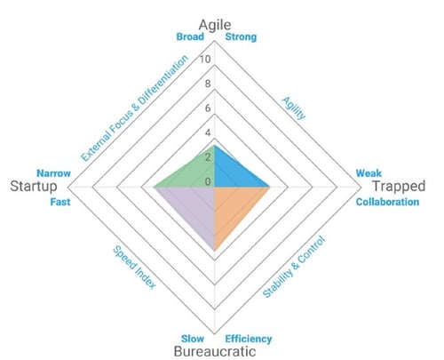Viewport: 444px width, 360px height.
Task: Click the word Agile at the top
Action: pos(215,25)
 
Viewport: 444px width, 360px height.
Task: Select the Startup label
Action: pos(34,187)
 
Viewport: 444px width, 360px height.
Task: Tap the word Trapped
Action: pos(399,186)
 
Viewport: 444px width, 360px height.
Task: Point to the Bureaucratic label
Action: pos(215,351)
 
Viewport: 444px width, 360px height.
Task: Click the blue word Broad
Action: pos(190,36)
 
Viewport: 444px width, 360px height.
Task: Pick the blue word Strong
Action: pos(241,37)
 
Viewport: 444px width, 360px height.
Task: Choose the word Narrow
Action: pos(53,173)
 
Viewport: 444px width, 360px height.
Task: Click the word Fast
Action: pos(60,202)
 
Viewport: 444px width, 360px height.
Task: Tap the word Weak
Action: pos(369,173)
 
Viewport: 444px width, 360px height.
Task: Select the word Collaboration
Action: pos(387,202)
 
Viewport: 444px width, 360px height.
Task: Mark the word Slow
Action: pos(193,339)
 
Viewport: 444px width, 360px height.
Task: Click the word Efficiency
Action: pos(249,339)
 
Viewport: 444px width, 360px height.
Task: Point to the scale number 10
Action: pos(205,60)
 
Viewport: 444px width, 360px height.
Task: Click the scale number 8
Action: pos(208,84)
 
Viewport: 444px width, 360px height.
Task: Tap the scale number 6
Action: pos(208,108)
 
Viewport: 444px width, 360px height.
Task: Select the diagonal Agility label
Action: pos(293,108)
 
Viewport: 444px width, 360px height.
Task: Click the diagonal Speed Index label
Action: pos(134,267)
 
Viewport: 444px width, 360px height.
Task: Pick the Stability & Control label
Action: pos(294,267)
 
